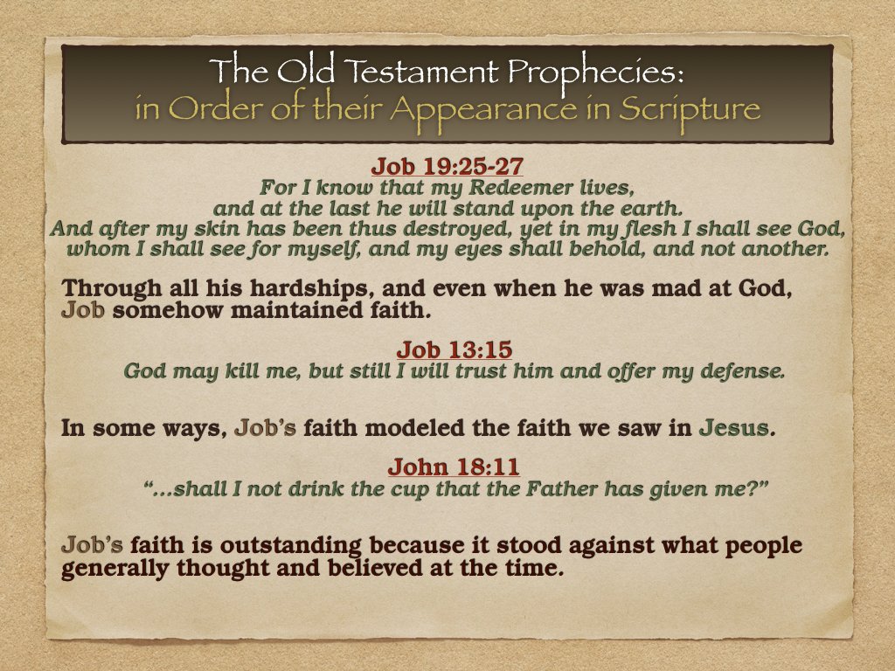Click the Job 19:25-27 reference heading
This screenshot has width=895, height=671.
(447, 167)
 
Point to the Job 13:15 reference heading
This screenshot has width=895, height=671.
(454, 349)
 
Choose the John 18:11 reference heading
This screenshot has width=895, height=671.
(454, 467)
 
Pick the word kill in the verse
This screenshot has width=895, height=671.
(250, 370)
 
